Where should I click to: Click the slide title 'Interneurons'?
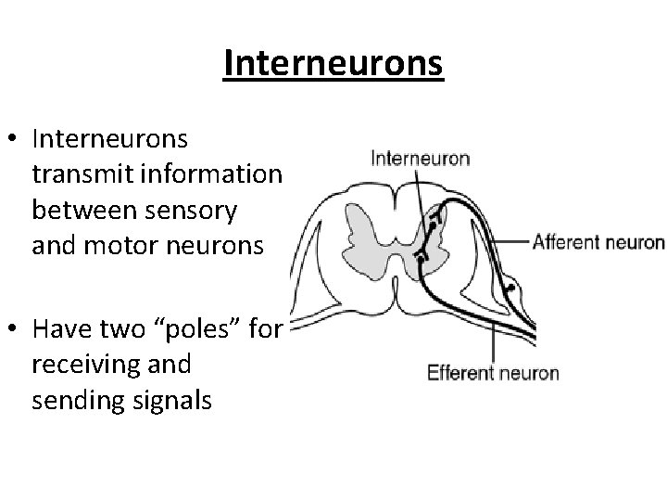point(333,64)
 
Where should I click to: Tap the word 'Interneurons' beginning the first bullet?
point(109,138)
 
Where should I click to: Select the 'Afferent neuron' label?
point(598,243)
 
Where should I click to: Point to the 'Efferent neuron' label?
point(492,373)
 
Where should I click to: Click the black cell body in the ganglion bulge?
point(510,287)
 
